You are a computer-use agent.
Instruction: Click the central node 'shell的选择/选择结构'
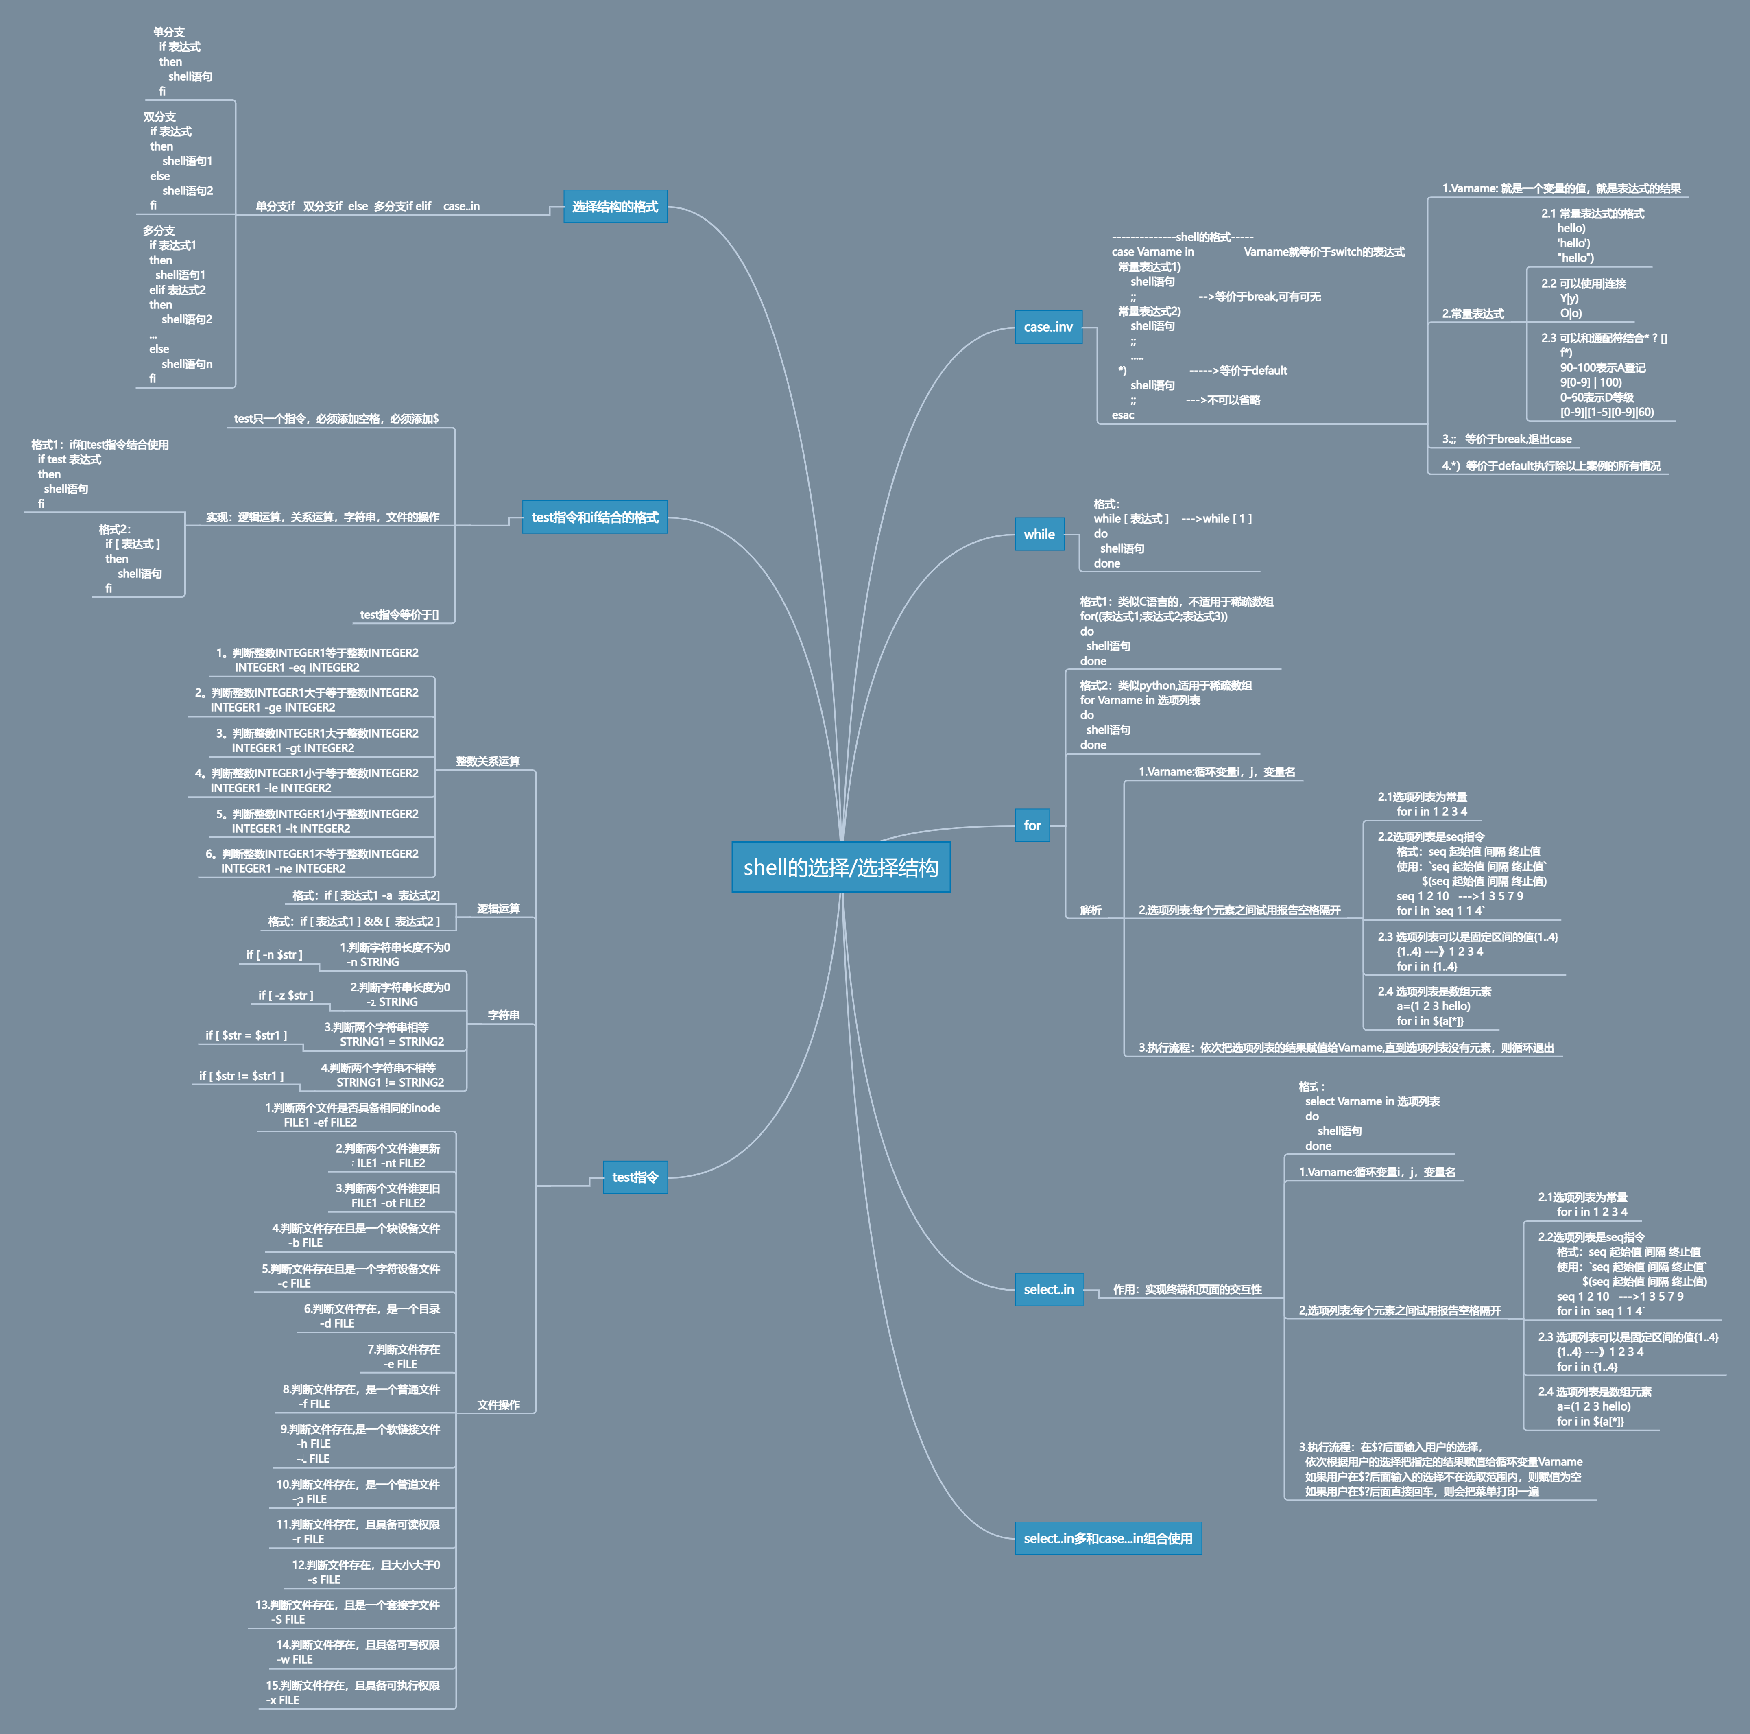coord(840,867)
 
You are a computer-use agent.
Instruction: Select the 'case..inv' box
coord(1048,327)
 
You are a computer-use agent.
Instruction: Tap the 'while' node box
coord(1039,535)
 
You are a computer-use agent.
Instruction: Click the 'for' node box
coord(1032,826)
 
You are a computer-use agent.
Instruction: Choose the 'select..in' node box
coord(1048,1289)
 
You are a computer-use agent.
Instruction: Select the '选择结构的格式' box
coord(615,207)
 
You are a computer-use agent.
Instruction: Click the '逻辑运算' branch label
coord(498,908)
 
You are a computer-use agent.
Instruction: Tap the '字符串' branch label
coord(504,1016)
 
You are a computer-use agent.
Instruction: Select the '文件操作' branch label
coord(498,1405)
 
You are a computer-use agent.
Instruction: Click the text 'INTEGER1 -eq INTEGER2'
coord(297,668)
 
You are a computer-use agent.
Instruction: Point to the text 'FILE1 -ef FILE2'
coord(320,1123)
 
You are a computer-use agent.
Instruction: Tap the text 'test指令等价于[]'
coord(399,615)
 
